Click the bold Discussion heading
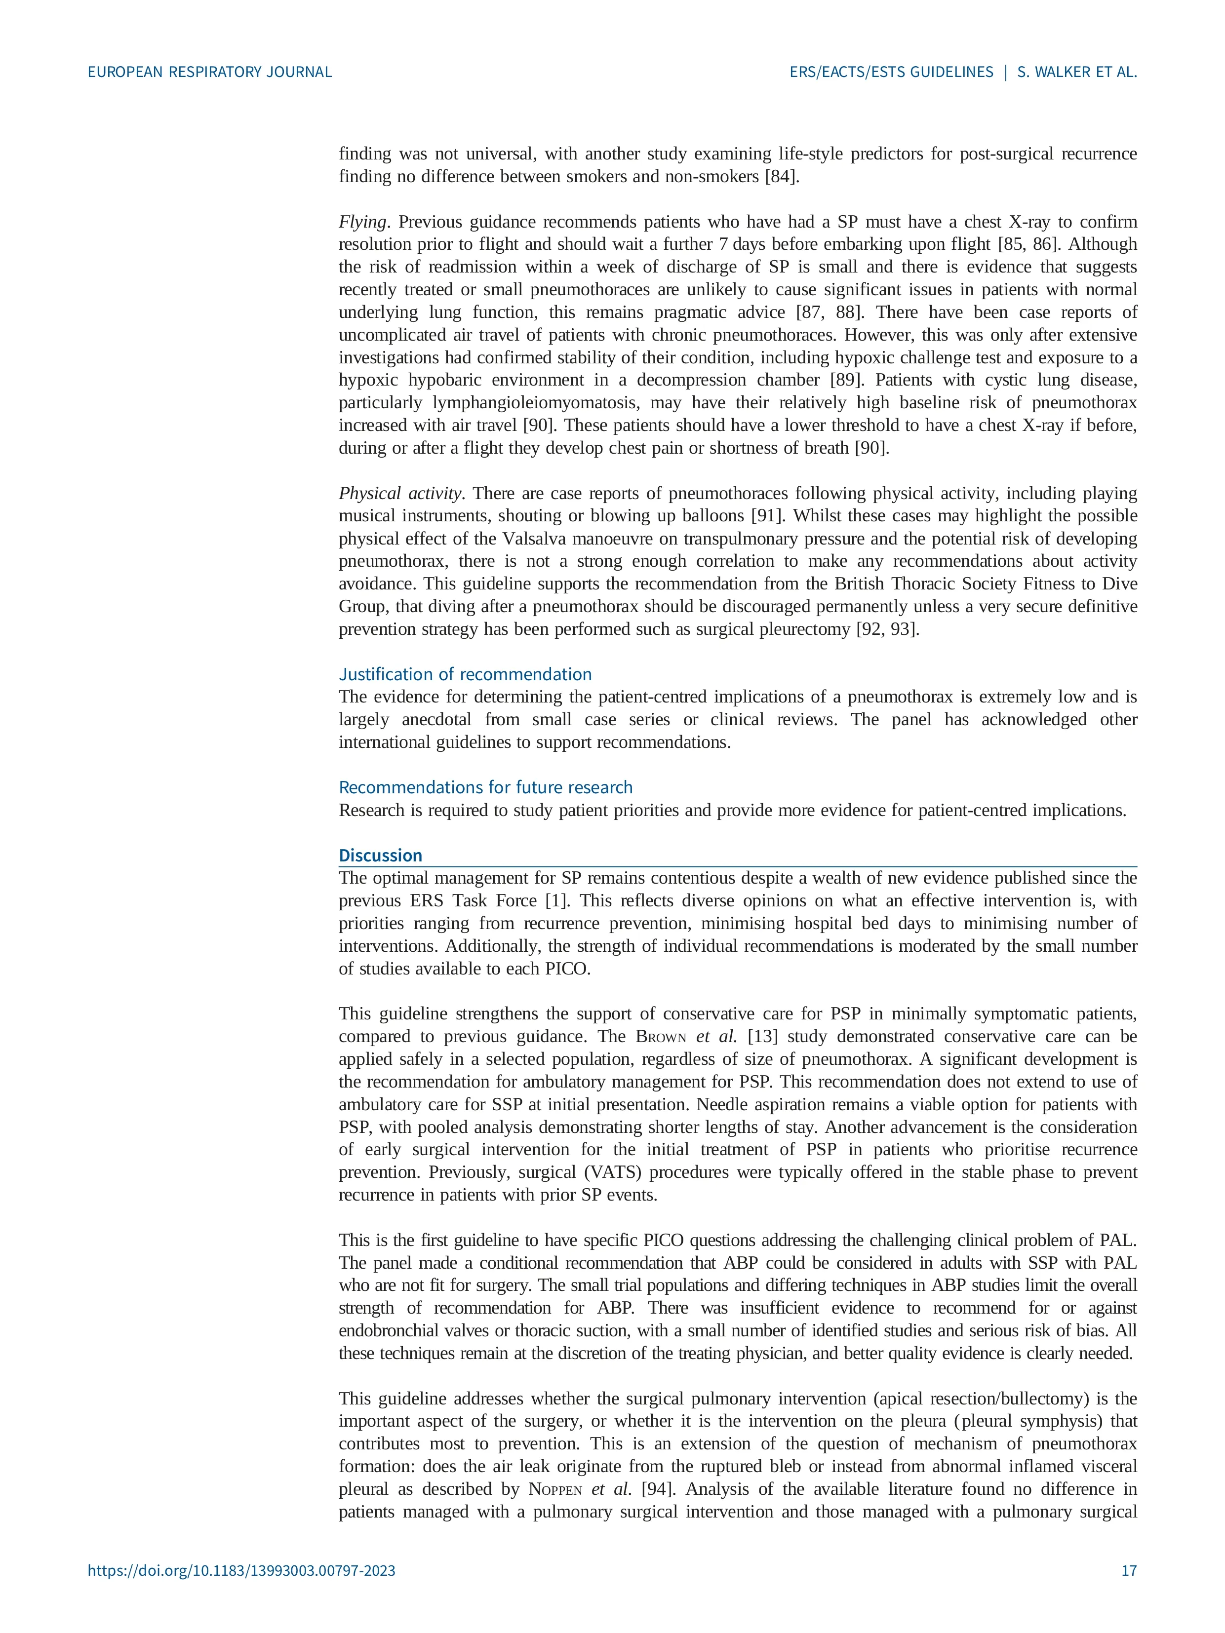tap(380, 855)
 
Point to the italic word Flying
tap(362, 222)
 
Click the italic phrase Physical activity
tap(399, 493)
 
